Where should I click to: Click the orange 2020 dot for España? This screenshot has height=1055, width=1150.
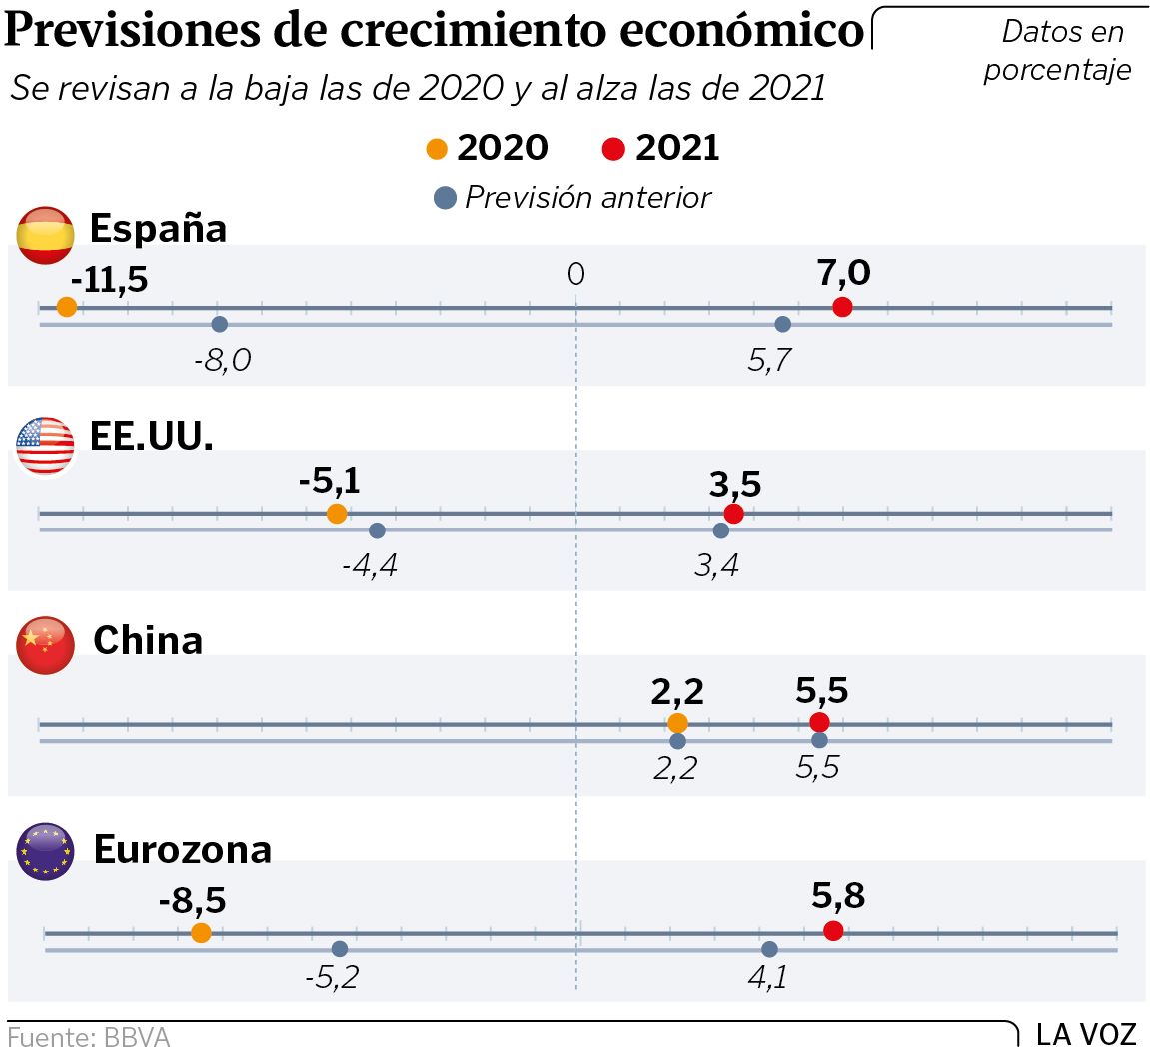(67, 307)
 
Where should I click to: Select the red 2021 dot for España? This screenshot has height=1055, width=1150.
(842, 307)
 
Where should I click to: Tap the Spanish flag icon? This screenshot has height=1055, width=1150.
(46, 236)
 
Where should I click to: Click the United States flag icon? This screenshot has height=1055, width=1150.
(46, 446)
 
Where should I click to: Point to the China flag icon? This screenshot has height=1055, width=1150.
(46, 645)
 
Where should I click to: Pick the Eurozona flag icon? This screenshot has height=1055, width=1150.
(46, 851)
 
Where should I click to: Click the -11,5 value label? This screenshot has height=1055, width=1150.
(109, 280)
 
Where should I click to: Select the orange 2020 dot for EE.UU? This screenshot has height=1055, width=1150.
(337, 514)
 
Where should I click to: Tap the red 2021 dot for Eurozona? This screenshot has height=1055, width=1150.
(833, 931)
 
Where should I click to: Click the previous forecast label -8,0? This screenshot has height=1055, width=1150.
(222, 360)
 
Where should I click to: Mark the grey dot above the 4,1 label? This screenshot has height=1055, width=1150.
(769, 949)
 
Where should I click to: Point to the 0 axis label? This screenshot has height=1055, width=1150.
(575, 274)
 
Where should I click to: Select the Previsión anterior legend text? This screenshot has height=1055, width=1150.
(588, 197)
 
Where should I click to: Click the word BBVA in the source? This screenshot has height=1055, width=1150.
(137, 1038)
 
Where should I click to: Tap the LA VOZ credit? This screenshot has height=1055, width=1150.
(1086, 1034)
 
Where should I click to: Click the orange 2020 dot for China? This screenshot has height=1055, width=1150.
(678, 723)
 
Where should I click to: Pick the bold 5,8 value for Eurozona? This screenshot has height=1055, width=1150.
(838, 896)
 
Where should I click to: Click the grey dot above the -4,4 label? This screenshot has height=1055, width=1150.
(377, 530)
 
